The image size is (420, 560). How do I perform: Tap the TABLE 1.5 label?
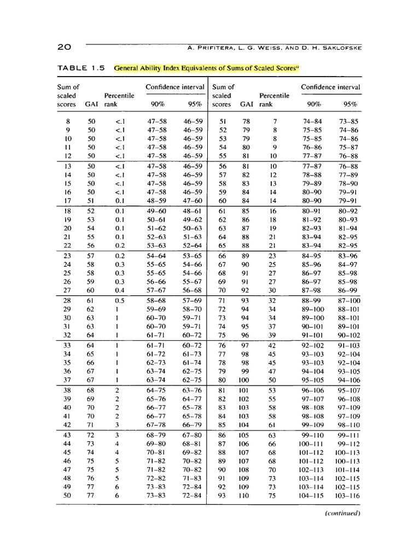(81, 68)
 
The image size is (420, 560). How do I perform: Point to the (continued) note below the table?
(343, 514)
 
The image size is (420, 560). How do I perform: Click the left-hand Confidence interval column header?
(175, 87)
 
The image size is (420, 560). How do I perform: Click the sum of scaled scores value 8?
(68, 121)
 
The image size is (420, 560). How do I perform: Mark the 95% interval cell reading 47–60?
(193, 201)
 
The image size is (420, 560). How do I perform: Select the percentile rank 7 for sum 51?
(276, 121)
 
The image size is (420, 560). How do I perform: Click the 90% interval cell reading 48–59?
(157, 201)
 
